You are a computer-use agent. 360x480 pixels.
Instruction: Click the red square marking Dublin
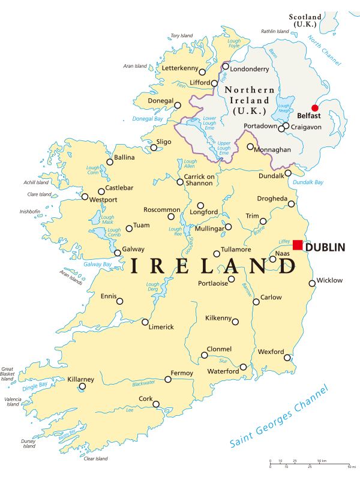[x=298, y=245]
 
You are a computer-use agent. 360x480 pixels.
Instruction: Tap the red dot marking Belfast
[x=315, y=108]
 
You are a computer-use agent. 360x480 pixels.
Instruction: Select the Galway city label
[x=133, y=249]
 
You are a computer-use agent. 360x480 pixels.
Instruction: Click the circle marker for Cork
[x=156, y=404]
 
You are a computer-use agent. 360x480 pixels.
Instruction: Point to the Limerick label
[x=161, y=327]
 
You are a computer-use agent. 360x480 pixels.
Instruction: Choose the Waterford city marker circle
[x=243, y=367]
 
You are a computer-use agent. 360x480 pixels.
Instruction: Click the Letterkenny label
[x=181, y=68]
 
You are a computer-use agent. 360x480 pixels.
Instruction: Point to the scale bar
[x=310, y=464]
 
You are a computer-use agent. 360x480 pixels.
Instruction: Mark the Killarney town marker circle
[x=82, y=386]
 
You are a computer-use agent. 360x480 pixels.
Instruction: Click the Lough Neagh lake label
[x=284, y=107]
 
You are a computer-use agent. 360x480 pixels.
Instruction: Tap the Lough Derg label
[x=153, y=287]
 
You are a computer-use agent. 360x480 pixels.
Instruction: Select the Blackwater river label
[x=143, y=382]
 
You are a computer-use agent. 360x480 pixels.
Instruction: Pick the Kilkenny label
[x=218, y=317]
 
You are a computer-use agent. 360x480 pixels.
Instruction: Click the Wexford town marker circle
[x=287, y=358]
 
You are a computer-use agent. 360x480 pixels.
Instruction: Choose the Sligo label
[x=164, y=142]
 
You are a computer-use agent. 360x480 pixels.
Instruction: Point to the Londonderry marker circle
[x=226, y=67]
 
